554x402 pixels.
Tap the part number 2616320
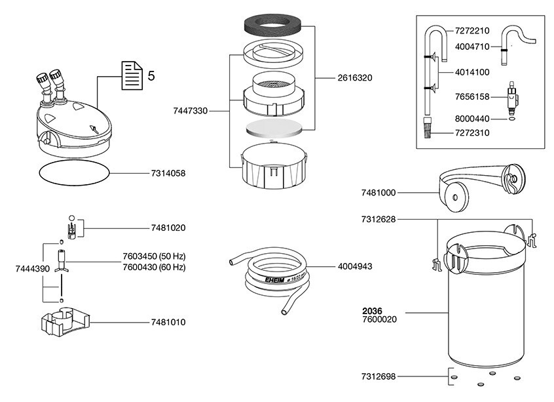pos(354,78)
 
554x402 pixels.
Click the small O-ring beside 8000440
pos(510,119)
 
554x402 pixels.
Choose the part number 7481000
pos(379,193)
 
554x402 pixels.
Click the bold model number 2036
pos(373,311)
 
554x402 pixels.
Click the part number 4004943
pos(356,267)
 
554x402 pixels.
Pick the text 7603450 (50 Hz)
pos(154,256)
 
